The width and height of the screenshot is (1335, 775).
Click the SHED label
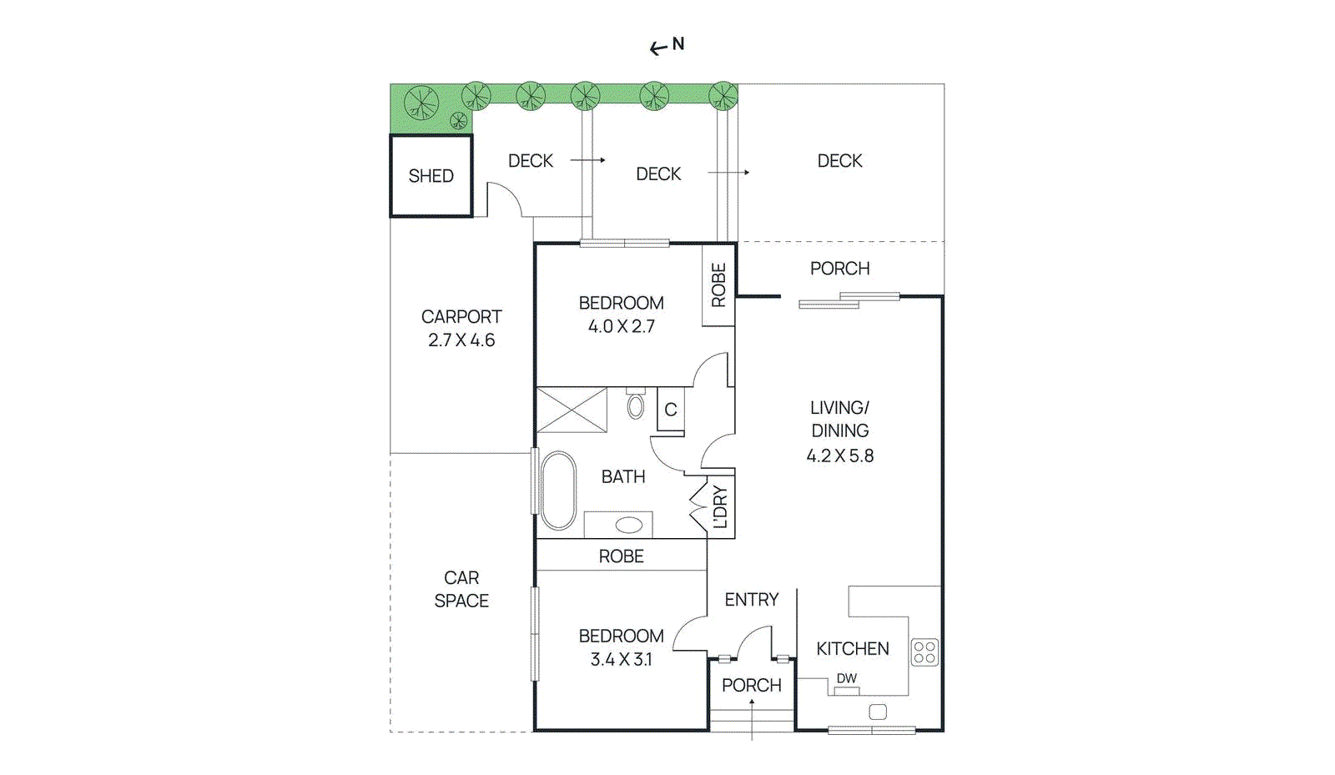tap(431, 176)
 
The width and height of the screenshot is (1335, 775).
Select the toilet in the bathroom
tap(636, 405)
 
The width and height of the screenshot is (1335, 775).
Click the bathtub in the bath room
tap(557, 491)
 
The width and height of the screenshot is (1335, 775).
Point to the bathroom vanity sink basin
tap(628, 526)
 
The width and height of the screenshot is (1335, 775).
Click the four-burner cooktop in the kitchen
tap(924, 652)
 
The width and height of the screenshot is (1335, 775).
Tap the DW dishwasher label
tap(847, 678)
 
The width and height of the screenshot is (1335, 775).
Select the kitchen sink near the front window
tap(878, 712)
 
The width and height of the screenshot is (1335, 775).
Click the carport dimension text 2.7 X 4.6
tap(461, 340)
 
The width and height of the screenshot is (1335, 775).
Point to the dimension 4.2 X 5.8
tap(839, 455)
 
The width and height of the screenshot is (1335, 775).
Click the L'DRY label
tap(720, 507)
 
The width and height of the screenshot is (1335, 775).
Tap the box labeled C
tap(671, 410)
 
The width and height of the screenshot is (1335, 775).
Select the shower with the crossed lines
tap(572, 410)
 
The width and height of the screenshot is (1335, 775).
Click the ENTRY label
tap(751, 600)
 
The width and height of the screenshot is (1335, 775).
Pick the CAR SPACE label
tap(461, 589)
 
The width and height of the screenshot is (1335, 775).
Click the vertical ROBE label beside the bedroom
tap(718, 285)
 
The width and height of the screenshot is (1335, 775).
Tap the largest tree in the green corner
tap(421, 103)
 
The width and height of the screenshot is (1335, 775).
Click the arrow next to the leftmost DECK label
tap(587, 160)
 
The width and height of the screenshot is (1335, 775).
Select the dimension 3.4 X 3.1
tap(621, 659)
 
